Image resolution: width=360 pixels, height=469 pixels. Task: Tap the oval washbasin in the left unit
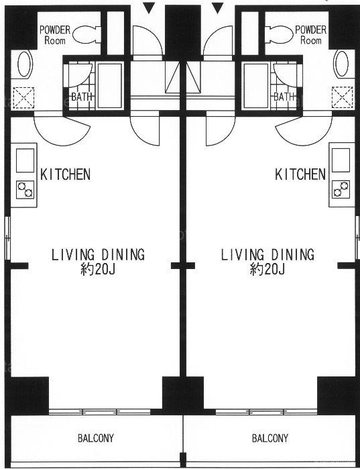point(25,64)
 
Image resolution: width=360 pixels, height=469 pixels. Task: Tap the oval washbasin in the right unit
point(341,64)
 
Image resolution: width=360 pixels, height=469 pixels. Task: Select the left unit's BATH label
point(82,97)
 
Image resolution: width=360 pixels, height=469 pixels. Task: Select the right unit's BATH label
point(284,97)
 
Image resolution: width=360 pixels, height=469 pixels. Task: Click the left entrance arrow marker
point(149,8)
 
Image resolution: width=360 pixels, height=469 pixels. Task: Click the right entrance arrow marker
point(218,8)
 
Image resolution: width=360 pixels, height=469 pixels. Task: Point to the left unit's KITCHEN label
point(66,174)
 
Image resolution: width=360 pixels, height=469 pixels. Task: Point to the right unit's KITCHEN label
point(300,174)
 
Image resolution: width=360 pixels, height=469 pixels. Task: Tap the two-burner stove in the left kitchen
point(25,190)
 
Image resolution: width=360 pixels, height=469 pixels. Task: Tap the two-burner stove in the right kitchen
point(341,189)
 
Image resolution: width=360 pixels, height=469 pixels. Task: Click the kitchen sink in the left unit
point(25,160)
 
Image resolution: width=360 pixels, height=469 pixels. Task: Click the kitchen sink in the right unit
point(341,160)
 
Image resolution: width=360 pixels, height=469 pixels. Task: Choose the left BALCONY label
point(96,438)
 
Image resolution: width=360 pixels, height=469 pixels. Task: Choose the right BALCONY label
point(269,438)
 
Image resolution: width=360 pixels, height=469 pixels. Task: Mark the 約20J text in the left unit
point(98,270)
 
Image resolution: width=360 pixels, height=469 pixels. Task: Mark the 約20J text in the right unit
point(267,270)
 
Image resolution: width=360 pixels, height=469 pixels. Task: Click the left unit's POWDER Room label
point(55,35)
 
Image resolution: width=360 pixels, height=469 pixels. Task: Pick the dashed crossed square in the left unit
point(23,98)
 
